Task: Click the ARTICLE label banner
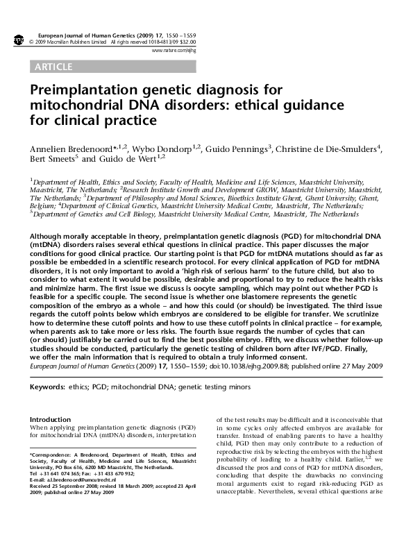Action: pos(53,67)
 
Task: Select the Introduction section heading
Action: pos(51,420)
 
